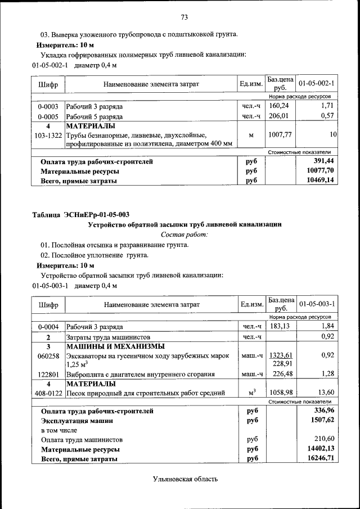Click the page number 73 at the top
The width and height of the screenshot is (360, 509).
click(184, 16)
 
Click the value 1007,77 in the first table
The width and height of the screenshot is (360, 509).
click(281, 135)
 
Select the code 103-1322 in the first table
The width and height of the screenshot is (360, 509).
click(48, 136)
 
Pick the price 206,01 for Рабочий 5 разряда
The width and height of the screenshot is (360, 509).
click(281, 116)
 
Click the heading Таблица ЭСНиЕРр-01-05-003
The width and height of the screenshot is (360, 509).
click(81, 214)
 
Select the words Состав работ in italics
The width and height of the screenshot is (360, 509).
click(184, 234)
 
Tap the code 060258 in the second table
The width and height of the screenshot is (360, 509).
click(48, 355)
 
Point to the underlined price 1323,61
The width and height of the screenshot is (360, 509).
click(281, 355)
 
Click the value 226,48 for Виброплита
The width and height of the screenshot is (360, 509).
click(281, 374)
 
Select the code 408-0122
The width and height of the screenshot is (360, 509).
click(48, 393)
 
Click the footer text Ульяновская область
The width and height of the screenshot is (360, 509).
click(184, 479)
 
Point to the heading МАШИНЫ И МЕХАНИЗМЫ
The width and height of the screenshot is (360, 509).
click(115, 346)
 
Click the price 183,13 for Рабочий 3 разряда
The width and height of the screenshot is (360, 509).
click(281, 326)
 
